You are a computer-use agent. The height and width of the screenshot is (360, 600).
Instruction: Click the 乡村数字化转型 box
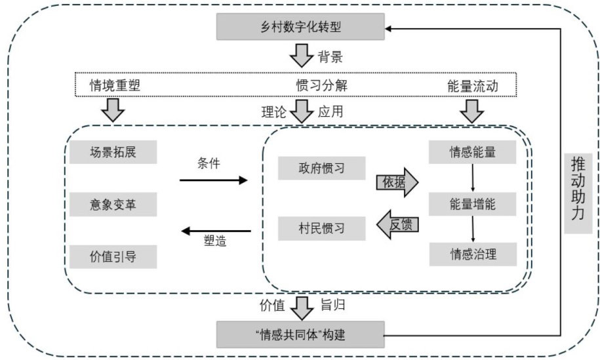[301, 26]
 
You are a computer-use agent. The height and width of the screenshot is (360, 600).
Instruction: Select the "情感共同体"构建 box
[301, 335]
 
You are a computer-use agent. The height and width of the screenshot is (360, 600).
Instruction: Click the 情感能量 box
[472, 152]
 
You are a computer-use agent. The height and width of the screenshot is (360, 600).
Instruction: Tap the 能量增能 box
[472, 203]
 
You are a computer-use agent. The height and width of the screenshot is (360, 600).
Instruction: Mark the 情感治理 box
[472, 254]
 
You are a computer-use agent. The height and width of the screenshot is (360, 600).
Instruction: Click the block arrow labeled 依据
[396, 182]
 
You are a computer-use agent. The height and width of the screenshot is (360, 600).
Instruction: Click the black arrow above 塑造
[216, 230]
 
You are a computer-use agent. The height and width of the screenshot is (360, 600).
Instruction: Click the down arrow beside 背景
[302, 55]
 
